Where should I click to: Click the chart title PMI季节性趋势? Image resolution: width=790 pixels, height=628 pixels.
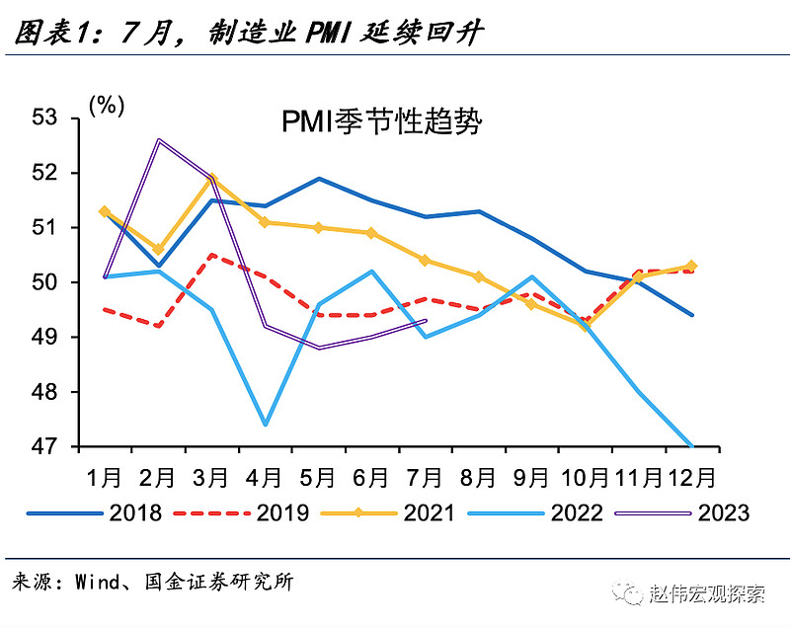coord(380,122)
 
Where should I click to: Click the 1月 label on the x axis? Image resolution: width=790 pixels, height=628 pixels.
coord(105,478)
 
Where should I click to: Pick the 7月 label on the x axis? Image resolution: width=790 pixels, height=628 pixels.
coord(425,478)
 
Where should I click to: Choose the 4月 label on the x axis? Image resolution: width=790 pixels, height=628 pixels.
coord(265,478)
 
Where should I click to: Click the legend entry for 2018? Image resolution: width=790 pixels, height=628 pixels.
coord(109,512)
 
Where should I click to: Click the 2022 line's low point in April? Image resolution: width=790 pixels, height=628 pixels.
coord(265,425)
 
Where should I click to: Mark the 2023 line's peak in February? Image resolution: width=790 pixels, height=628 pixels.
coord(158,140)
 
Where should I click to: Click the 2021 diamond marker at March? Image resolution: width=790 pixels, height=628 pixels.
coord(211,179)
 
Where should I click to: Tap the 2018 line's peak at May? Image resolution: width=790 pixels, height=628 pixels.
coord(318,179)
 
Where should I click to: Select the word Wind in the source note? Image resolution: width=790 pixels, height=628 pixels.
coord(96,582)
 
